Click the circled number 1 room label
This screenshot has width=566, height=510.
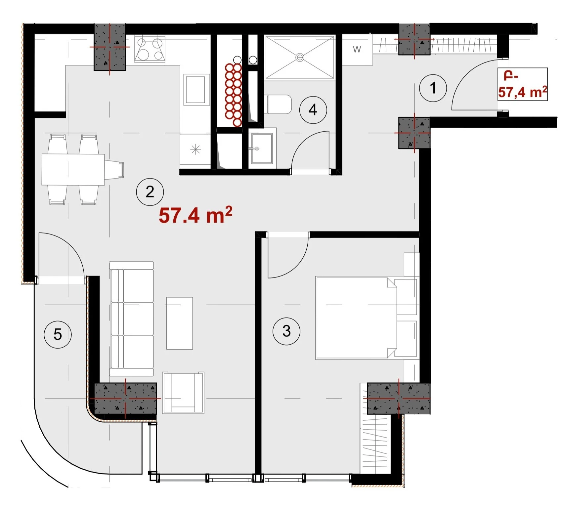click(x=433, y=88)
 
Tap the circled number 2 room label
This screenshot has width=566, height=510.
click(x=150, y=192)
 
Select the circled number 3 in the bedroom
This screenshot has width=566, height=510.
click(x=286, y=331)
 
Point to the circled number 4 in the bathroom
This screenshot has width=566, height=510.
click(x=313, y=110)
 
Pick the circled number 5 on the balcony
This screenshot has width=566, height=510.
click(x=58, y=334)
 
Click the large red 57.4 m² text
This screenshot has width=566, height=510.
click(x=196, y=215)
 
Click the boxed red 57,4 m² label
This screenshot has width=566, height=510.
click(x=523, y=84)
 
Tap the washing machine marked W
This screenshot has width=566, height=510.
click(x=357, y=50)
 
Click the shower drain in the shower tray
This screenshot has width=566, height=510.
click(x=300, y=58)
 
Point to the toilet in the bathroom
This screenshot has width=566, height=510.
click(x=279, y=104)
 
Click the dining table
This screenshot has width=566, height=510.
click(x=73, y=170)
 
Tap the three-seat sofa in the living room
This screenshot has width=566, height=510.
click(x=132, y=319)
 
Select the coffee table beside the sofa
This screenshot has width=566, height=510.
click(x=180, y=323)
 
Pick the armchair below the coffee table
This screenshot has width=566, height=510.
click(x=183, y=393)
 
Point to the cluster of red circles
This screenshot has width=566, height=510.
click(x=234, y=95)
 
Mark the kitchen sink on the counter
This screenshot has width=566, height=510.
click(x=197, y=90)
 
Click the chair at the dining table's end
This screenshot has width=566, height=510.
click(x=114, y=169)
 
